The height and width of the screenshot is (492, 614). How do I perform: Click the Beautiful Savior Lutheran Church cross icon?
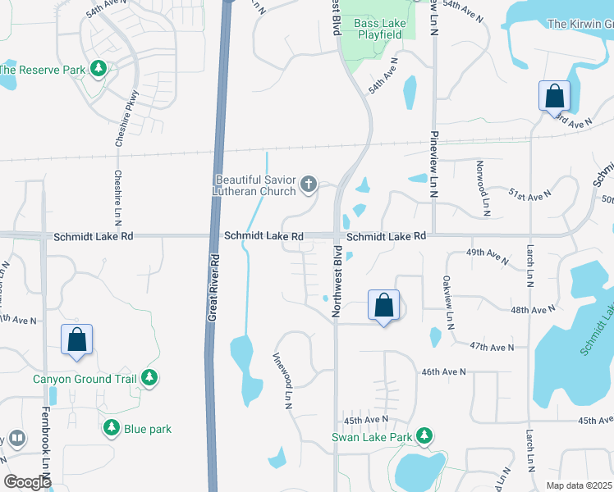point(309,184)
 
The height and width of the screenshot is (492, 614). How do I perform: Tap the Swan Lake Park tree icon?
point(424,435)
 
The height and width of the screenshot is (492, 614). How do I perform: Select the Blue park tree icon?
point(112,427)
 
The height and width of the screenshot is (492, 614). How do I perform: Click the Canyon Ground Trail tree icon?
point(149,377)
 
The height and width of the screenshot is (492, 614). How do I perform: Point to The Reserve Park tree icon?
point(99,69)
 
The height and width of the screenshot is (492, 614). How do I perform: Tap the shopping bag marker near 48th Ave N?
point(383,306)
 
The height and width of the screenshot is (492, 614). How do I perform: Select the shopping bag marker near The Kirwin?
point(555,95)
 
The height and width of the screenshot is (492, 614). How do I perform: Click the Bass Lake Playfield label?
point(378,30)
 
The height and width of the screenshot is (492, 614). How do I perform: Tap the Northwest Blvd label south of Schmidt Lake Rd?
point(336,282)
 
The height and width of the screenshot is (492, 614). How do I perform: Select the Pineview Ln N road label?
point(435,164)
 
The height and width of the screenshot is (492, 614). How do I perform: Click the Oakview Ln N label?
point(449,303)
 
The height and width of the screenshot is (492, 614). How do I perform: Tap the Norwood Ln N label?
point(485,188)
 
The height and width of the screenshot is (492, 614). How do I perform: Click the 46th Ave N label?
point(443,371)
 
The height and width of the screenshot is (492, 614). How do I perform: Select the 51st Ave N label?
point(529,196)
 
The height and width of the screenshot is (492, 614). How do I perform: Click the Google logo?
point(27,481)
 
